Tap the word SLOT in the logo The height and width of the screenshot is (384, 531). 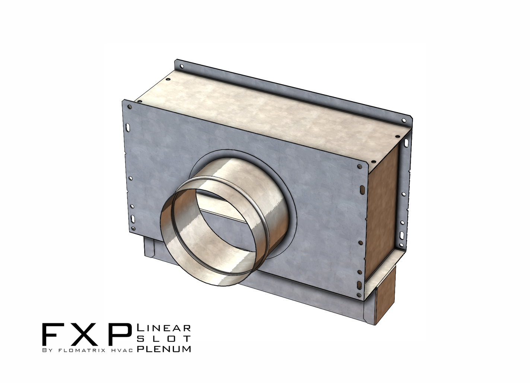pyautogui.click(x=164, y=339)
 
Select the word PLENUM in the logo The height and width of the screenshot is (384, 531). pyautogui.click(x=164, y=349)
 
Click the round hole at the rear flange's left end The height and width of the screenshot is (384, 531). pyautogui.click(x=182, y=67)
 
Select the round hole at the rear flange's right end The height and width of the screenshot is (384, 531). pyautogui.click(x=404, y=121)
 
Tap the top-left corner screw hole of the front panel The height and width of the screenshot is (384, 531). pyautogui.click(x=129, y=107)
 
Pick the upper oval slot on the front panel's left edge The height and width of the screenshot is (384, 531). pyautogui.click(x=128, y=127)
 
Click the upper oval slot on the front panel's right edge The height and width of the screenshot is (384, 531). pyautogui.click(x=362, y=190)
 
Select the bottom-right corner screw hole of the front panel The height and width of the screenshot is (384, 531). pyautogui.click(x=359, y=295)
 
